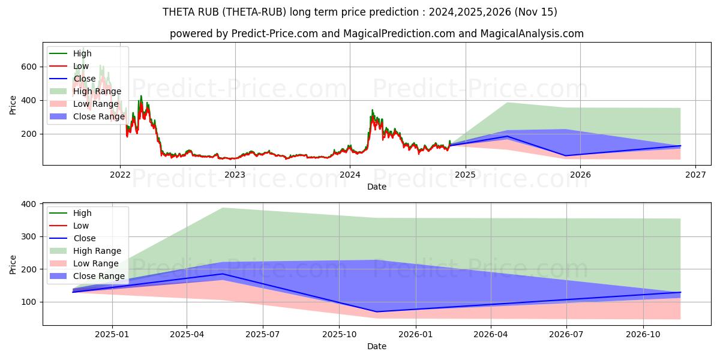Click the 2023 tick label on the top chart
point(235,175)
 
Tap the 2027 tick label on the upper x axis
point(695,175)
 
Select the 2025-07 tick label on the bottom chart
point(263,335)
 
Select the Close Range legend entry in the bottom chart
point(99,276)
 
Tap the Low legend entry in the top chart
point(81,66)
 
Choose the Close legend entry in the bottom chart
point(83,238)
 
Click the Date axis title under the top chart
point(376,187)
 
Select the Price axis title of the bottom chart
point(13,263)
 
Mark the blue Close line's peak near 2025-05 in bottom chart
point(222,274)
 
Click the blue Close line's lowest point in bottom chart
point(376,311)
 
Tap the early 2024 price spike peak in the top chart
point(372,110)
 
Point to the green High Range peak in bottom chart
point(222,208)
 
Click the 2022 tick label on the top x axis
point(120,175)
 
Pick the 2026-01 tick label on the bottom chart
point(415,335)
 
